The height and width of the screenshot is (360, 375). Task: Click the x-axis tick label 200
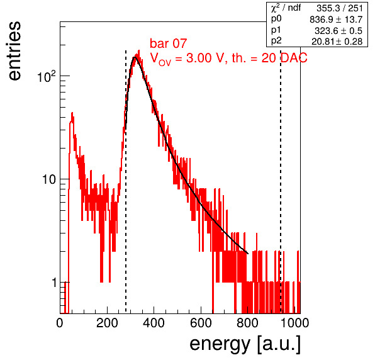(x=107, y=323)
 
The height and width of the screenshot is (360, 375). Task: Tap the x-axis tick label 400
(x=154, y=323)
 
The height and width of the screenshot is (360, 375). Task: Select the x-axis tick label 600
(x=201, y=323)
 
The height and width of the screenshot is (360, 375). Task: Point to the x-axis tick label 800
(x=247, y=323)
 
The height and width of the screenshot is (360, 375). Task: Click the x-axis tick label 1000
(x=294, y=323)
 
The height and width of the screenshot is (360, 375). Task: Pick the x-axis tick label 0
(x=60, y=323)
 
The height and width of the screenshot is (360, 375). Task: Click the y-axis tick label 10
(x=50, y=179)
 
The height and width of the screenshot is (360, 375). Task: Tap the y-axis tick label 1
(x=54, y=283)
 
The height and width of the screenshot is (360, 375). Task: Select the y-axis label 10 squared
(x=47, y=77)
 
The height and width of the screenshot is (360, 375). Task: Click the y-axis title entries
(x=15, y=51)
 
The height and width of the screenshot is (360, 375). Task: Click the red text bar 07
(x=168, y=43)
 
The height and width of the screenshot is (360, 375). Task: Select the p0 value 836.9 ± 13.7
(x=336, y=20)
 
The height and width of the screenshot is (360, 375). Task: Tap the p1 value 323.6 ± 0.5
(x=338, y=31)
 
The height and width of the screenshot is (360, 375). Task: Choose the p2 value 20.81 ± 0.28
(x=337, y=42)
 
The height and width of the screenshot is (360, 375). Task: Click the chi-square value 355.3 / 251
(x=340, y=8)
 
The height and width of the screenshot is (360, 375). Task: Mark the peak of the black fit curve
(x=135, y=57)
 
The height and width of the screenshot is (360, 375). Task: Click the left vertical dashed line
(x=126, y=182)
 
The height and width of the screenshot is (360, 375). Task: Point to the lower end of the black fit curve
(x=248, y=253)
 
